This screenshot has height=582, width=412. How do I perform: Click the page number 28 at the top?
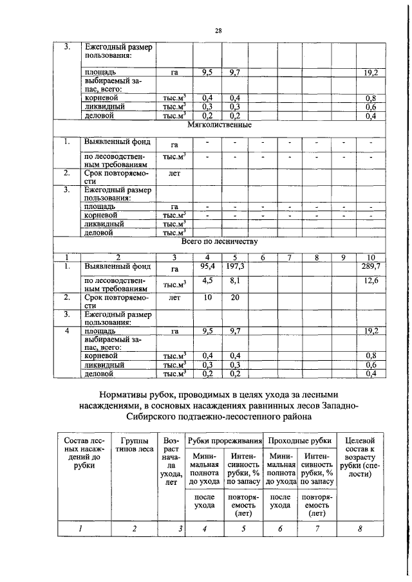[x=218, y=30]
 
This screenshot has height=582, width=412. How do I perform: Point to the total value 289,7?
[x=370, y=266]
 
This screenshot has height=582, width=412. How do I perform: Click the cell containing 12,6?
[x=371, y=280]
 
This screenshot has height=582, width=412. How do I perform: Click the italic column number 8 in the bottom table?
[x=360, y=529]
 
